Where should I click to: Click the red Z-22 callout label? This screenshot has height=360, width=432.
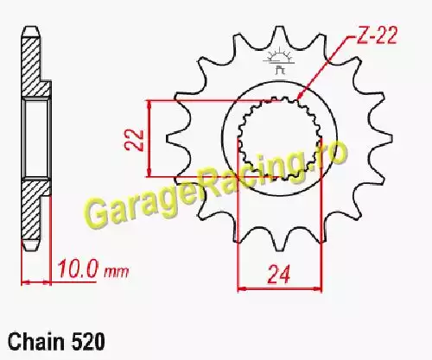(377, 35)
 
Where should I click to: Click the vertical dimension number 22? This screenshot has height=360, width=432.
(134, 140)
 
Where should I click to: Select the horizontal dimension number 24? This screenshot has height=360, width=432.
(278, 275)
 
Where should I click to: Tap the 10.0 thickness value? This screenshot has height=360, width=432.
(77, 269)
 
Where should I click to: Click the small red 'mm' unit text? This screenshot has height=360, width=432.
(116, 271)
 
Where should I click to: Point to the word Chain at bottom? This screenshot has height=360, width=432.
(36, 342)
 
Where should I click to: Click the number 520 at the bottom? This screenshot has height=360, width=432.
(87, 342)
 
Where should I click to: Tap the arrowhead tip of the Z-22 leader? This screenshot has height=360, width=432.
(298, 99)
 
